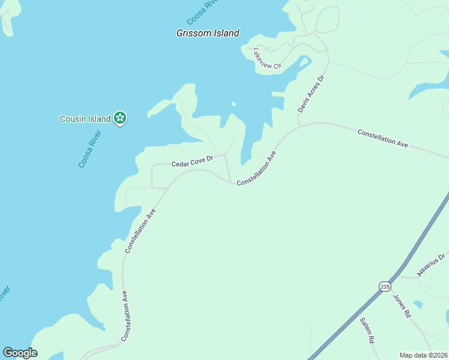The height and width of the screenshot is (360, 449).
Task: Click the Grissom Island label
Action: tap(208, 34)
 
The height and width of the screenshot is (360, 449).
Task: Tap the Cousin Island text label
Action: tap(85, 119)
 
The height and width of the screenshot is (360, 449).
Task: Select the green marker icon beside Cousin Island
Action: tap(121, 118)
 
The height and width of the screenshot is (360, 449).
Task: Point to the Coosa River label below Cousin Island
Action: tap(90, 148)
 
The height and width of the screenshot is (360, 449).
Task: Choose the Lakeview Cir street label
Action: tap(267, 58)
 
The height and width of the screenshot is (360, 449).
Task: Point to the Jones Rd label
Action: tap(402, 305)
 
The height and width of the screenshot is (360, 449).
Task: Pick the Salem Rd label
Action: tap(367, 330)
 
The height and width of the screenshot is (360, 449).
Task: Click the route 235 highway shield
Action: tap(384, 286)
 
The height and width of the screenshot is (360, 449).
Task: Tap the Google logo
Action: tap(20, 353)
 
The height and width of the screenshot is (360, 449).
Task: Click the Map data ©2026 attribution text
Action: tap(424, 355)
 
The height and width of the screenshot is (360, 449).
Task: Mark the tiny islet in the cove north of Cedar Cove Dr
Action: tap(234, 103)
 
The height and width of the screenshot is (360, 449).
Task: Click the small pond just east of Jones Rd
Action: tap(418, 305)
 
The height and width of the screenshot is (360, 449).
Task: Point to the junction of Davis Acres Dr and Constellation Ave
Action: tap(298, 126)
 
